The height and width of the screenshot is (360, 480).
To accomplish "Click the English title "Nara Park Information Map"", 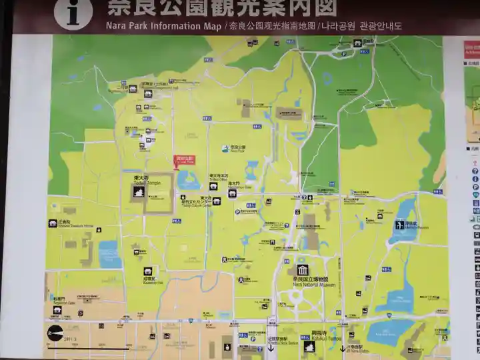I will click(x=163, y=27).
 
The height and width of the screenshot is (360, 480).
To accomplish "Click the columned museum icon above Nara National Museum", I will click(x=303, y=270).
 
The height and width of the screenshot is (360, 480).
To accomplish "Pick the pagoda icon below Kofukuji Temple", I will click(x=309, y=347).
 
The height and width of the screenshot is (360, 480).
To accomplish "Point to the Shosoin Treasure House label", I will click(x=69, y=225).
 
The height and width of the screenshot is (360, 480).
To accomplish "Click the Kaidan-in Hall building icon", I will click(x=148, y=271).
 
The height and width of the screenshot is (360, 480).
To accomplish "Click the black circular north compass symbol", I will click(x=55, y=333).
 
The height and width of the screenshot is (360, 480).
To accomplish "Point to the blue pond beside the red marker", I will click(x=187, y=179).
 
